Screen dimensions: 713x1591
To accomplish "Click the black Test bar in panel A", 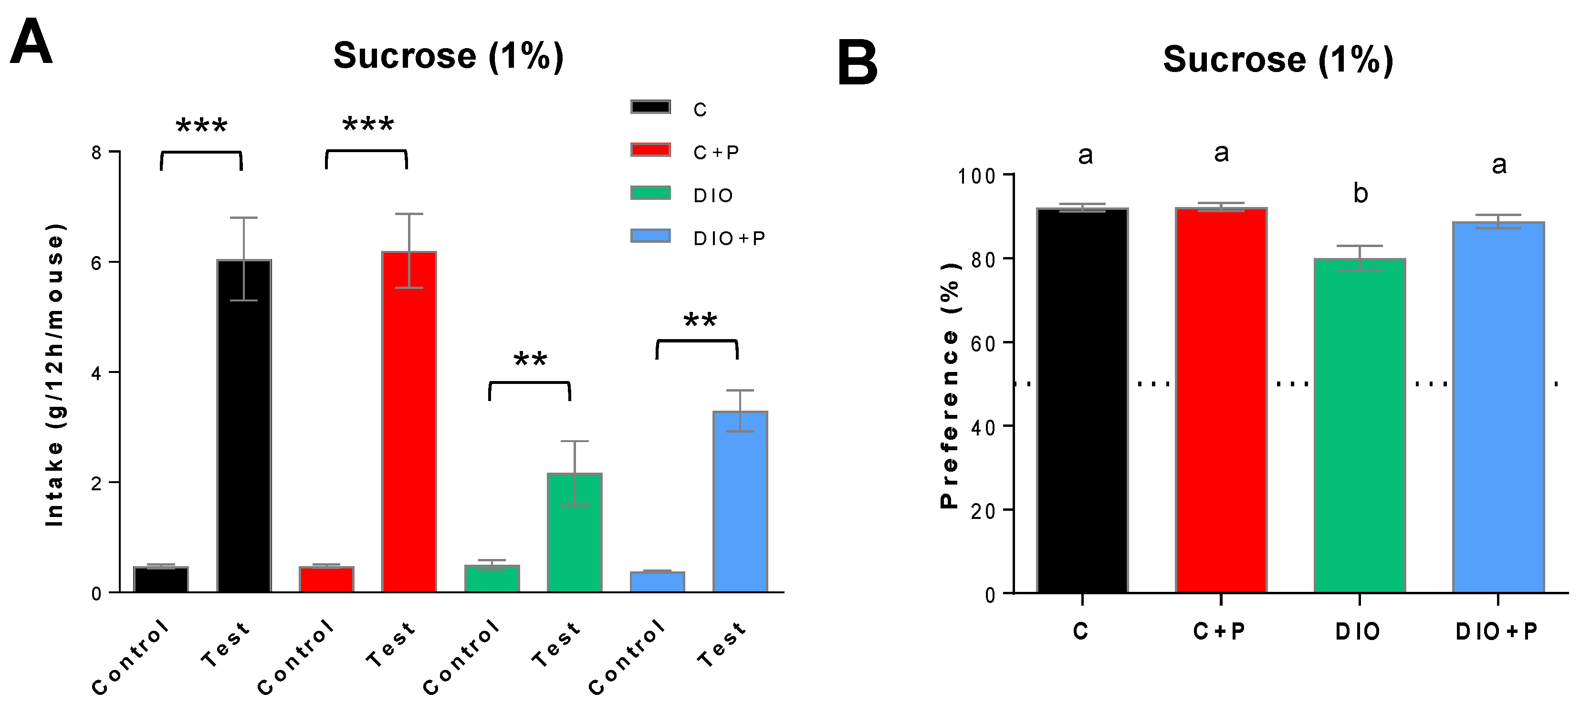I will point(244,426).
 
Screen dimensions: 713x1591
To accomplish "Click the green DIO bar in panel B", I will point(1360,426).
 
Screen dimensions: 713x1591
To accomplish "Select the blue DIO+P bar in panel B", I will point(1498,407).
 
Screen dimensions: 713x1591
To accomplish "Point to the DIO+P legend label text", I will point(729,238).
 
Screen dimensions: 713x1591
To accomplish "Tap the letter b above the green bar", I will point(1360,194).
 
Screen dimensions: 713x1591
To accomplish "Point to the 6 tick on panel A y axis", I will point(96,262).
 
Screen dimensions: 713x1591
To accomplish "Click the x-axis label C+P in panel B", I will point(1219,631).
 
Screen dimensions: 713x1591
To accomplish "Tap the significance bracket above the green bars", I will point(529,384).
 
